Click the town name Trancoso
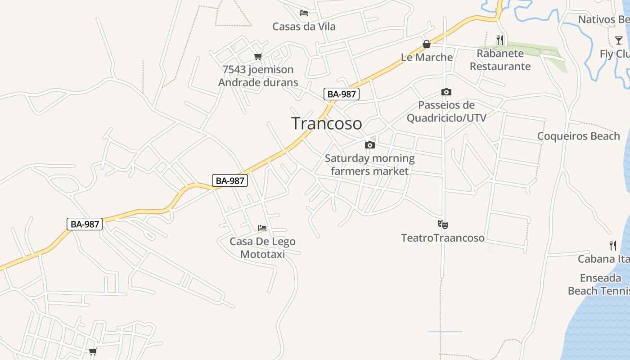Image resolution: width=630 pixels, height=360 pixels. click(326, 123)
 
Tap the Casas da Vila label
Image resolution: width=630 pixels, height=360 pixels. click(304, 27)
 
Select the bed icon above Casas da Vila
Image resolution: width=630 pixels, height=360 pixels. click(304, 13)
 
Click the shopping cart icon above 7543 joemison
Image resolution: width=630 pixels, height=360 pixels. click(258, 57)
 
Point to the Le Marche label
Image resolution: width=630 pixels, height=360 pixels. click(427, 57)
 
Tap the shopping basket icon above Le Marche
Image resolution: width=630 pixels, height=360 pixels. click(426, 44)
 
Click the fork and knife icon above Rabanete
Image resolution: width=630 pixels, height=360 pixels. click(500, 40)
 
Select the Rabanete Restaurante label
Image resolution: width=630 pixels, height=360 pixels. click(500, 60)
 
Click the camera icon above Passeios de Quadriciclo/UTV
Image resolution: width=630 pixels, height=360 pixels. click(446, 92)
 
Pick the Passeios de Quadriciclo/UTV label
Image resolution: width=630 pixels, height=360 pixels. click(446, 112)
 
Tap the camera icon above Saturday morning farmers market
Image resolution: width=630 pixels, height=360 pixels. click(369, 145)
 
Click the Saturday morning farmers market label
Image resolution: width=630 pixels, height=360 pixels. click(369, 165)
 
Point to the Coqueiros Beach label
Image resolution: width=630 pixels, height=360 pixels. click(578, 136)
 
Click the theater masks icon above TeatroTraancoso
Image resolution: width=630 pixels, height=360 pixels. click(443, 224)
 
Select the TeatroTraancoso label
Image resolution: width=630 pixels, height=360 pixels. click(443, 238)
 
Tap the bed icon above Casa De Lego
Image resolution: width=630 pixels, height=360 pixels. click(262, 228)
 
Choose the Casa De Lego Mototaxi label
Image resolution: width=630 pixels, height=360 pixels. click(262, 248)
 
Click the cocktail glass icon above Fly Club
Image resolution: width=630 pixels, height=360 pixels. click(619, 40)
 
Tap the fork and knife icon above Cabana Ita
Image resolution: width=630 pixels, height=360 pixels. click(613, 246)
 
